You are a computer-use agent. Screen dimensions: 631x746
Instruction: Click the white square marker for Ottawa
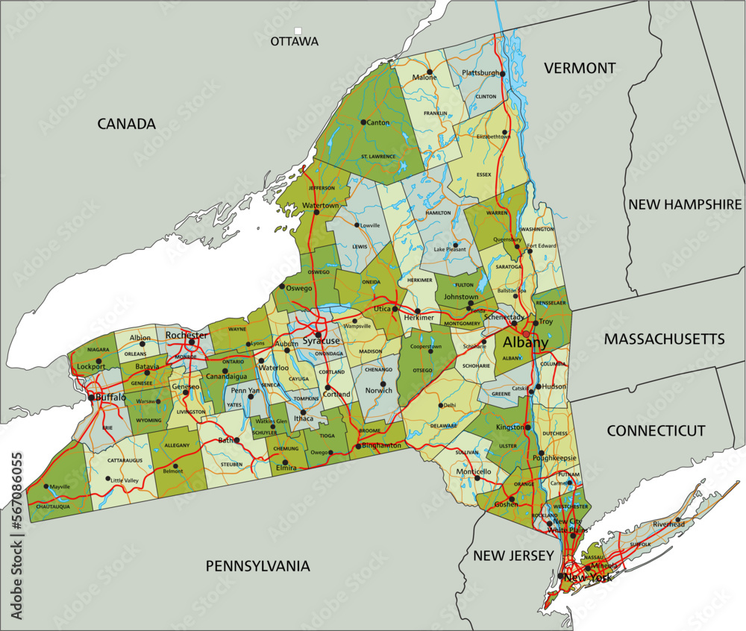[298, 31]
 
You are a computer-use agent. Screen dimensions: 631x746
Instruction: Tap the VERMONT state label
[580, 68]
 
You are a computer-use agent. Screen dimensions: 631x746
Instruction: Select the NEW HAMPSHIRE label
[685, 204]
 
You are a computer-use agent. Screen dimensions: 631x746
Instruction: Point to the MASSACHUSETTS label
[664, 339]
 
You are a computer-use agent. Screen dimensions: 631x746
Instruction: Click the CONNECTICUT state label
[655, 430]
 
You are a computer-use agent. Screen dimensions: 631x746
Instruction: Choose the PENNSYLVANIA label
[257, 566]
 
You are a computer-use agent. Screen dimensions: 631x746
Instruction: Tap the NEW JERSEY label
[513, 556]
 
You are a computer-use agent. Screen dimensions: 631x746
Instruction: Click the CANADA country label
[126, 124]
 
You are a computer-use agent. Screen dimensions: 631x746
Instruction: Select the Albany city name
[525, 343]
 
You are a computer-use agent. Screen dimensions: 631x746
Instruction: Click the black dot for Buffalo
[92, 398]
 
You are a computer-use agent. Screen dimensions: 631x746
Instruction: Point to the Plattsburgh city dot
[503, 74]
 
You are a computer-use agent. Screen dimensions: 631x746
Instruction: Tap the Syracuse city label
[322, 341]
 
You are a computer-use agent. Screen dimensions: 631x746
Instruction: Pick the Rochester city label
[187, 335]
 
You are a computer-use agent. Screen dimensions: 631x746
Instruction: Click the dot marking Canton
[363, 122]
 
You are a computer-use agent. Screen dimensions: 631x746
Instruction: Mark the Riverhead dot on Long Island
[678, 519]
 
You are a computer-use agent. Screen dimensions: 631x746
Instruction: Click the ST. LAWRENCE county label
[378, 156]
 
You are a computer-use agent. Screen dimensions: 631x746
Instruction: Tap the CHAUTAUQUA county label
[53, 506]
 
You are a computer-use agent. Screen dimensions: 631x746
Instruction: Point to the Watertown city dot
[316, 213]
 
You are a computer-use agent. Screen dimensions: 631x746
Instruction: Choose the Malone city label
[424, 78]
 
